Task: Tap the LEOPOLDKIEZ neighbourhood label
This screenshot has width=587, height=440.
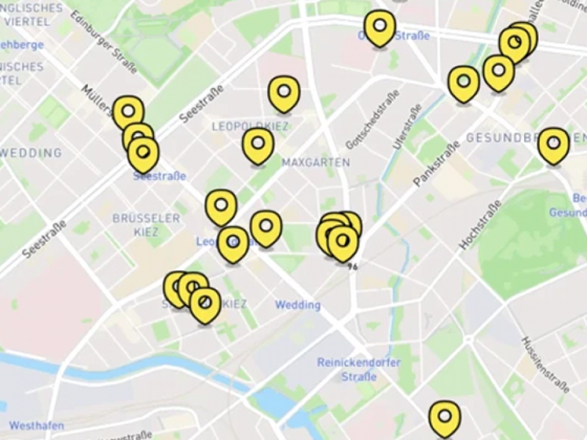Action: click(249, 126)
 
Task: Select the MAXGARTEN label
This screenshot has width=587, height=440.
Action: click(316, 163)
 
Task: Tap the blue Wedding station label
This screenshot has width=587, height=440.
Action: click(298, 304)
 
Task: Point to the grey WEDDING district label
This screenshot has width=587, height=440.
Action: click(32, 152)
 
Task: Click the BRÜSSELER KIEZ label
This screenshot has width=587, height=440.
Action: click(146, 225)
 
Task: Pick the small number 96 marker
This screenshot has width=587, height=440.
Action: click(353, 266)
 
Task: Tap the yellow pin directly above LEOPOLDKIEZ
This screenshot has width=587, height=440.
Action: click(284, 93)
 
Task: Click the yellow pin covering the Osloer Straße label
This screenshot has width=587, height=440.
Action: click(380, 28)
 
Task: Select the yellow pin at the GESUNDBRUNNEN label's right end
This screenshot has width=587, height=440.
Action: click(553, 145)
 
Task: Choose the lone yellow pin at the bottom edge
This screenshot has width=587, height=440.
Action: click(445, 417)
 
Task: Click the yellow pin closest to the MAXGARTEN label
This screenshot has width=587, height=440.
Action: click(257, 145)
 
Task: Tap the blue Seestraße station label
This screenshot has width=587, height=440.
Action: click(160, 177)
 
